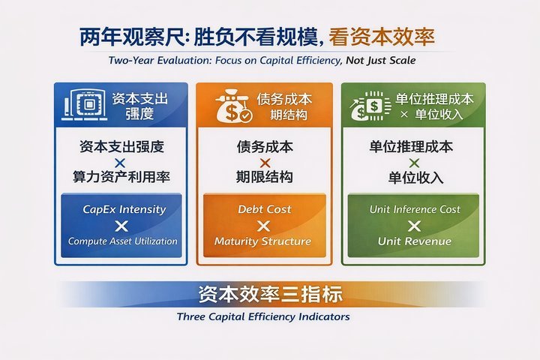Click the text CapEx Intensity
pyautogui.click(x=124, y=209)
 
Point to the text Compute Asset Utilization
pyautogui.click(x=123, y=241)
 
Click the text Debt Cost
pyautogui.click(x=264, y=209)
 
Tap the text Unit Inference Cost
pyautogui.click(x=415, y=209)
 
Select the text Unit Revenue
pyautogui.click(x=415, y=241)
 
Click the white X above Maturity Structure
pyautogui.click(x=264, y=226)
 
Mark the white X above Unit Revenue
pyautogui.click(x=415, y=226)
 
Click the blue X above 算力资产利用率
pyautogui.click(x=123, y=162)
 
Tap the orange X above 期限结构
pyautogui.click(x=264, y=162)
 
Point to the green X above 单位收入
pyautogui.click(x=415, y=162)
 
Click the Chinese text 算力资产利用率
pyautogui.click(x=123, y=178)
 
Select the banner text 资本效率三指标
pyautogui.click(x=270, y=293)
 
